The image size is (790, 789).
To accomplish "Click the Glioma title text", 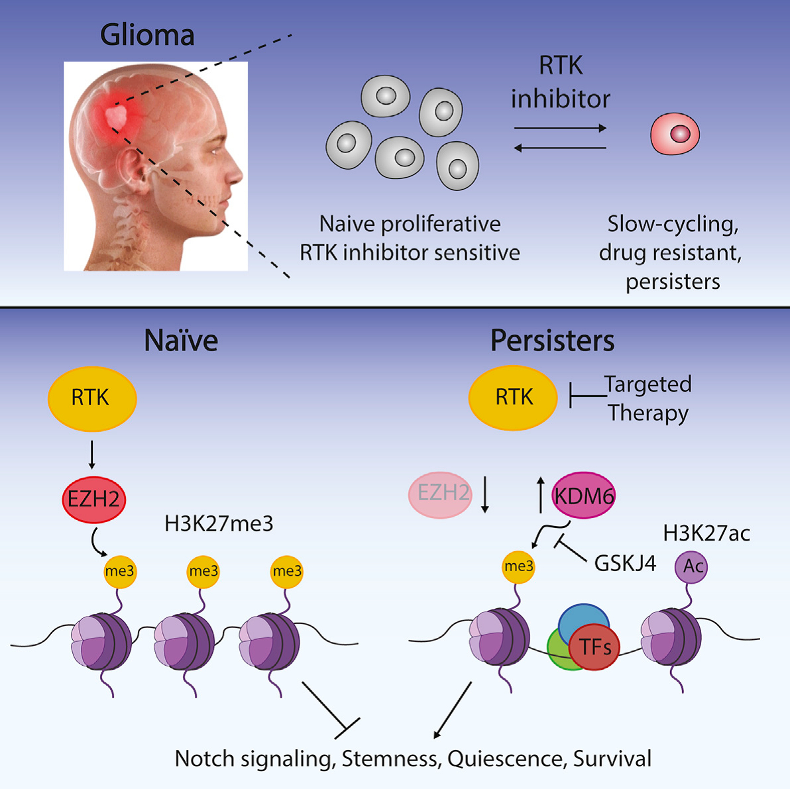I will [147, 35].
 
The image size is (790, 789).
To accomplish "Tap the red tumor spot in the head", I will [117, 117].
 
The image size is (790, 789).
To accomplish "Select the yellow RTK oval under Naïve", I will [91, 397].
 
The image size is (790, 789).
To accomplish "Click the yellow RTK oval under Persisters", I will [513, 397].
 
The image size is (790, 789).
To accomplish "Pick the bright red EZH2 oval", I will [93, 498].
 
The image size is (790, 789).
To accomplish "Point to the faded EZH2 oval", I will [441, 493].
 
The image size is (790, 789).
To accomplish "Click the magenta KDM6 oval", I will [584, 495].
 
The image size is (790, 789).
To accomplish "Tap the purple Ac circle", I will [691, 566].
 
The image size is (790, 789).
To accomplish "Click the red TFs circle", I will [594, 647].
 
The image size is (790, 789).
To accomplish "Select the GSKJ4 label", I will [624, 563].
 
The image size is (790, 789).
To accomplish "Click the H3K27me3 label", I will [219, 524].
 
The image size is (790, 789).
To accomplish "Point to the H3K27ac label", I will [706, 533].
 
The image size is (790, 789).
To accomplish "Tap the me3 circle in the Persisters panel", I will [518, 566].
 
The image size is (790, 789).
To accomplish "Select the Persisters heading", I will [552, 341].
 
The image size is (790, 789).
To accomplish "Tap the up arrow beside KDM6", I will [540, 494].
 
